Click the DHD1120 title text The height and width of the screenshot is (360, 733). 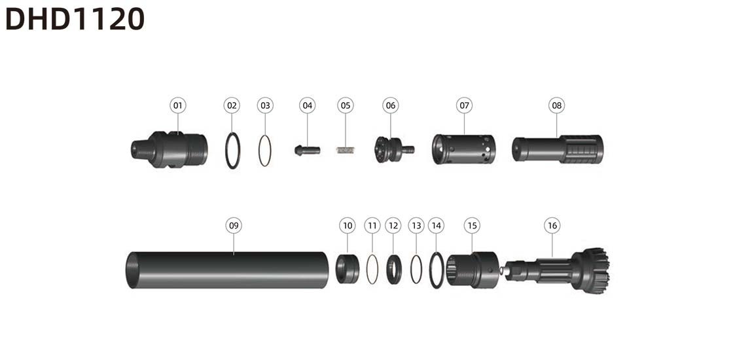pos(75,19)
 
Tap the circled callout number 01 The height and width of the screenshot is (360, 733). pos(177,105)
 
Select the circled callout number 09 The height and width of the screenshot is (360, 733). pos(234,226)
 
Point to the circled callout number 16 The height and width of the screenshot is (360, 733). pos(552,226)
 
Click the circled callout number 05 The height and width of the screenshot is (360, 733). pos(346,105)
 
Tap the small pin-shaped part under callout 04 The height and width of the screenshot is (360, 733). pos(307,151)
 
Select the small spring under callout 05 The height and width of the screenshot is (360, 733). pos(346,150)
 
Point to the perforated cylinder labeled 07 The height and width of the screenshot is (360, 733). pos(464,149)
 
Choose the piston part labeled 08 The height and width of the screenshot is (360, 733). pos(558,149)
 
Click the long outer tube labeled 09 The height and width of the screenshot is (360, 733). pos(227,270)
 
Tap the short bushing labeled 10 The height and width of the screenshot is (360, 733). pos(348,269)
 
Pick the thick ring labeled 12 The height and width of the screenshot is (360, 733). pos(393,270)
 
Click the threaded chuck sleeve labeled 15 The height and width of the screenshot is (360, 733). pos(472,270)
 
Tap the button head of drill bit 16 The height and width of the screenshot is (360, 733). pos(590,271)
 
